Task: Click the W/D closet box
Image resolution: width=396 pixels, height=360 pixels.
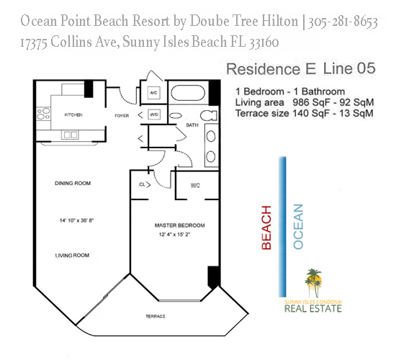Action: point(153,114)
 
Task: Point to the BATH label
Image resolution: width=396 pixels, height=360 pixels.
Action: point(192,125)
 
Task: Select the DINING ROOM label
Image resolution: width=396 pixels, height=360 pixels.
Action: point(73,184)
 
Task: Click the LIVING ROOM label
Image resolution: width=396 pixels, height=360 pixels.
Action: point(72,255)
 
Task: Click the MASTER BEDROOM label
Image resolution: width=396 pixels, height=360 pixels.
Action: point(179,225)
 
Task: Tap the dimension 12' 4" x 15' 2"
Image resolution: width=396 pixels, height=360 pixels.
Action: point(179,235)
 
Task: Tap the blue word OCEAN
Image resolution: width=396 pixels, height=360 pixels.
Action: point(299,228)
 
